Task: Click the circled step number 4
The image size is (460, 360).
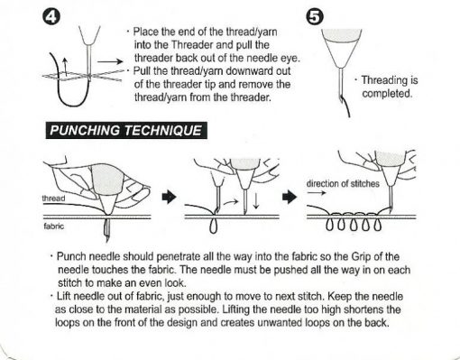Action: pos(51,17)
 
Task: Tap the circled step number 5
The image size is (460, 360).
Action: pos(315,17)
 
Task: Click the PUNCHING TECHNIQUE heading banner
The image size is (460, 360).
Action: pos(126,130)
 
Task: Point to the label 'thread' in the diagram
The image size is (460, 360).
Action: pos(53,198)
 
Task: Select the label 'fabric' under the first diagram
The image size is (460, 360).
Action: pos(54,226)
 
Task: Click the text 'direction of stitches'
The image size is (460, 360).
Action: pos(343,183)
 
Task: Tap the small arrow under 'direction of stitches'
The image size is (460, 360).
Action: pos(317,193)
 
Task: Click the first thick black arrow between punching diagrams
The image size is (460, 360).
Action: pos(169,198)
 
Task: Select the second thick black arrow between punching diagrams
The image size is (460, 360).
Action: pos(290,198)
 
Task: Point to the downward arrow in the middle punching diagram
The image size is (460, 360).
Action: pos(256,201)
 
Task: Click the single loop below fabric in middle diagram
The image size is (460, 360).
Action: pos(213,226)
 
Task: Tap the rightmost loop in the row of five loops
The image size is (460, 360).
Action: pos(377,225)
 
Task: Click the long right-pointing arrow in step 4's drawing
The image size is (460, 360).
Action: pos(110,61)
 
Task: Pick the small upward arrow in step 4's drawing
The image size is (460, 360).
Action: pos(65,66)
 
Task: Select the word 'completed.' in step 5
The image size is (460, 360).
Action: pos(387,94)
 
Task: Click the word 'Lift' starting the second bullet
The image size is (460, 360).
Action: pos(64,296)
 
